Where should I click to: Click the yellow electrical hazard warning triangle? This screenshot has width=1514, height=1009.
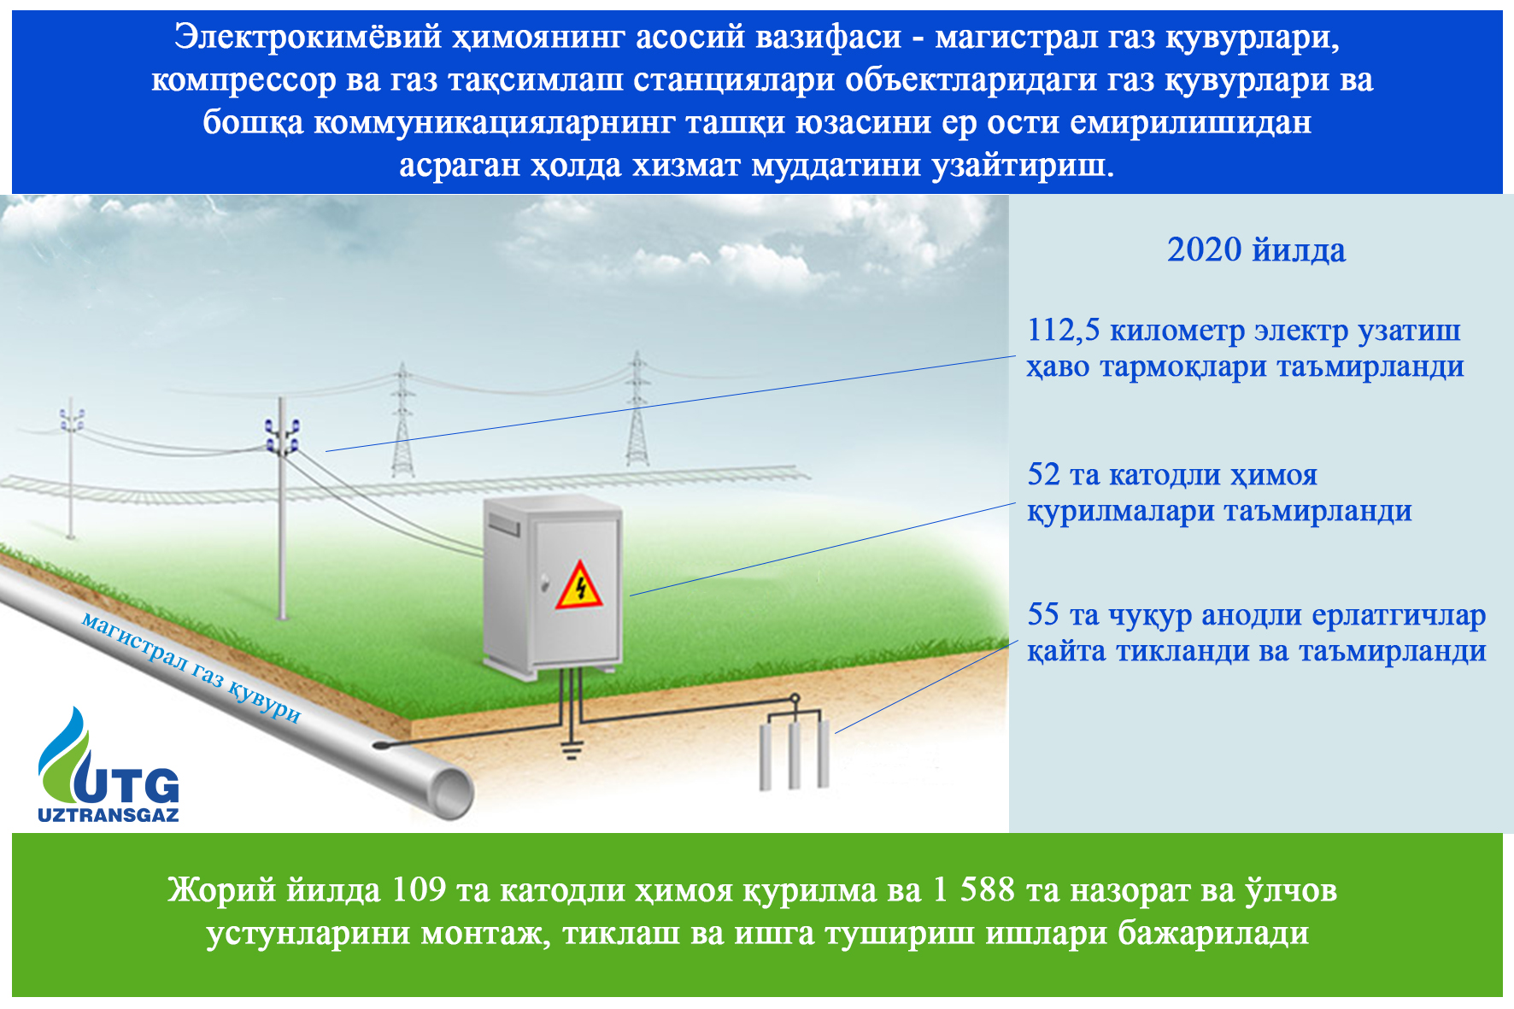pyautogui.click(x=579, y=585)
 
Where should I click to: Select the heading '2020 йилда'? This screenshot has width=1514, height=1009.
pyautogui.click(x=1256, y=250)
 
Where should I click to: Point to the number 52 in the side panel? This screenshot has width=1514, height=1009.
pyautogui.click(x=1043, y=474)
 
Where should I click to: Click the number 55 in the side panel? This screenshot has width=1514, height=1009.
pyautogui.click(x=1043, y=614)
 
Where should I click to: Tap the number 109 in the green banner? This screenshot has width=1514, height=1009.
pyautogui.click(x=419, y=890)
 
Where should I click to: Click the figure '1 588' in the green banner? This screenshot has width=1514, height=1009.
pyautogui.click(x=973, y=890)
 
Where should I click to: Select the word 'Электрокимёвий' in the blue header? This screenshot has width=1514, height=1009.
pyautogui.click(x=308, y=38)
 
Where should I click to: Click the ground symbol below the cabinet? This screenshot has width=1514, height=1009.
pyautogui.click(x=572, y=749)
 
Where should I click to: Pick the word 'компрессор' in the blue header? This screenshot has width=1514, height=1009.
pyautogui.click(x=244, y=80)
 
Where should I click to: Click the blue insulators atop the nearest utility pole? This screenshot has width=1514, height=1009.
pyautogui.click(x=282, y=434)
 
